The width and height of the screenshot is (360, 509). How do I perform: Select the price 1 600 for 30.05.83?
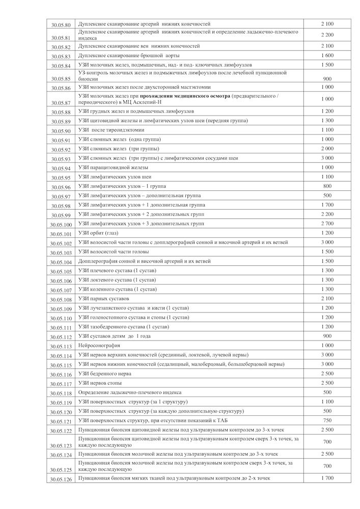tap(327, 55)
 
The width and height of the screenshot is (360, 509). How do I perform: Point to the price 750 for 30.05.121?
tap(327, 420)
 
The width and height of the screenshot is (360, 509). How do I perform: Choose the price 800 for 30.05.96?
tap(327, 186)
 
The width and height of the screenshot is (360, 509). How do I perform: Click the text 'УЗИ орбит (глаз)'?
tap(98, 233)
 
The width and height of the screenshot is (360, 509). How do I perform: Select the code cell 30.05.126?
tap(61, 479)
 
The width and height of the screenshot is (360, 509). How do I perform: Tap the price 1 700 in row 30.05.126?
tap(327, 478)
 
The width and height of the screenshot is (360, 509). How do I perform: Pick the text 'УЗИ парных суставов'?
tap(104, 299)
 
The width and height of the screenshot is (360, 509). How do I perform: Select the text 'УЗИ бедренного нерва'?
tap(105, 374)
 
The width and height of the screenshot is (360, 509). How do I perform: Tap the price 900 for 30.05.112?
tap(327, 336)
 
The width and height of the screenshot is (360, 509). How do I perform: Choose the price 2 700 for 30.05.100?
tap(327, 223)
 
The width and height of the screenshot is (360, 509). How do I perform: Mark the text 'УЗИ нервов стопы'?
tap(100, 383)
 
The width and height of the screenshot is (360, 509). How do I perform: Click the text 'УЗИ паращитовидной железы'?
tap(113, 167)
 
